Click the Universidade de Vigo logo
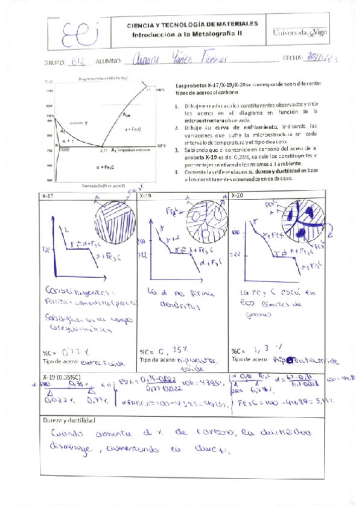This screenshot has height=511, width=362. (x=300, y=33)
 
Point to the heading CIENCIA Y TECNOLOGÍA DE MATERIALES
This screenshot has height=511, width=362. (x=192, y=24)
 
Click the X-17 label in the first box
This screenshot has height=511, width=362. (x=49, y=196)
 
